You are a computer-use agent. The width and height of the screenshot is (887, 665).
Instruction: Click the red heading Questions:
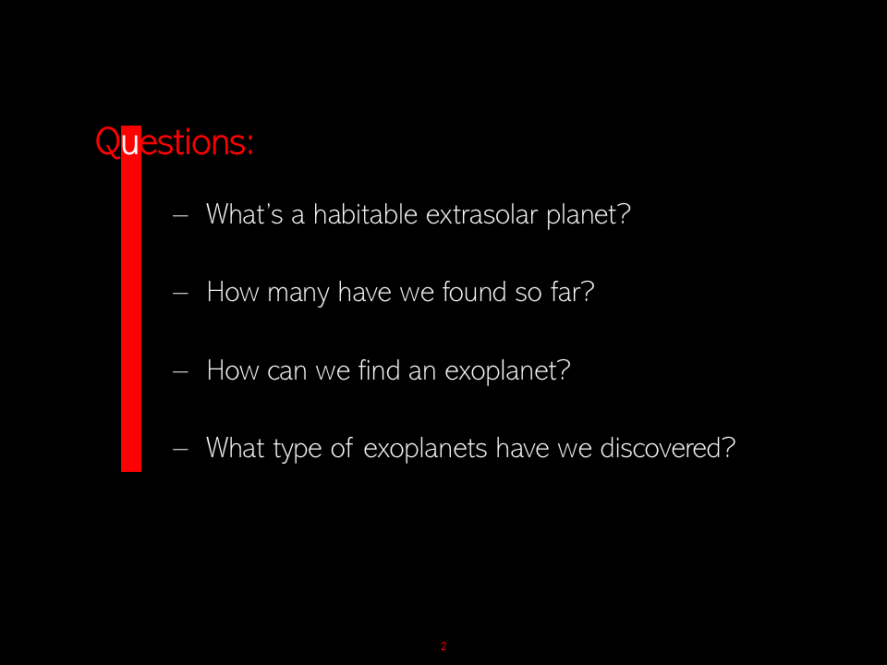(175, 142)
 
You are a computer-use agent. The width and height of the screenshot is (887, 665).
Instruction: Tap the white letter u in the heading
(130, 145)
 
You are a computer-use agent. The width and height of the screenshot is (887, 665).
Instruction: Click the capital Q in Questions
(107, 142)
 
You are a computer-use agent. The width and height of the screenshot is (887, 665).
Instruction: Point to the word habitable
(366, 214)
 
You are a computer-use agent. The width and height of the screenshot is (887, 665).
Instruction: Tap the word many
(298, 294)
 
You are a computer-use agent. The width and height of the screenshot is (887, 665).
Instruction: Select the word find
(379, 370)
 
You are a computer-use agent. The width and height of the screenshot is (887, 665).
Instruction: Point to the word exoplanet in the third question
(501, 371)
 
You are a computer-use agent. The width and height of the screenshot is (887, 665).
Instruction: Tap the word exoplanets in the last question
(425, 449)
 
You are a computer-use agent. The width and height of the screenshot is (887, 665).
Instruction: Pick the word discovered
(661, 448)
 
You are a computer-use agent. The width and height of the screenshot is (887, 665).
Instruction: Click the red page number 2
(443, 646)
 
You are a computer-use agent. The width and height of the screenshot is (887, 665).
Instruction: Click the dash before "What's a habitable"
(180, 215)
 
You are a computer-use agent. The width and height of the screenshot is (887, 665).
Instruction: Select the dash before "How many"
(180, 293)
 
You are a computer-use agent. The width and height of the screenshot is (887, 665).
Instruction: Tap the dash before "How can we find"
(180, 371)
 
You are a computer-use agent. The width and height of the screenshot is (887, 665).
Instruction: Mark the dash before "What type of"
(180, 449)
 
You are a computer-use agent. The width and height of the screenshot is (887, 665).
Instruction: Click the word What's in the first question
(244, 214)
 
